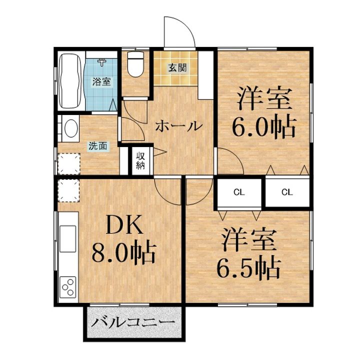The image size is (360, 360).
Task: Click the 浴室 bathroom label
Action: (102, 81)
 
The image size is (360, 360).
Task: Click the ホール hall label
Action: (178, 126)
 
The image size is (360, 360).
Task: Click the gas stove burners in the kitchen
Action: (68, 287)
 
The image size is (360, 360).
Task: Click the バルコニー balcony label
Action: (133, 322)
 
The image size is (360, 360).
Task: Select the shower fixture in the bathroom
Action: (102, 62)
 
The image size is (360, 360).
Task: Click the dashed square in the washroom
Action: (67, 163)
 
